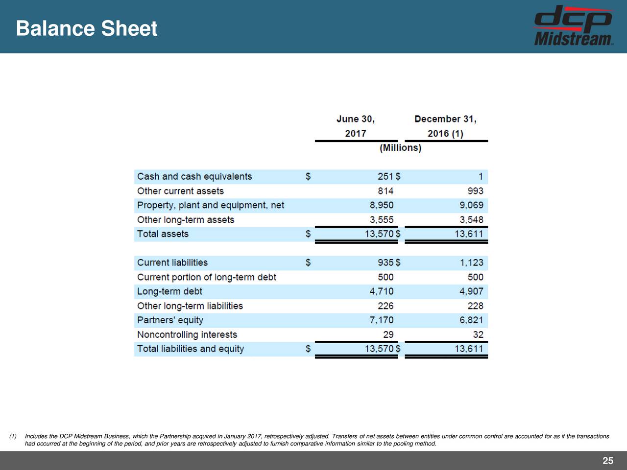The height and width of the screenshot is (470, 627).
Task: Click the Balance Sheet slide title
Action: click(x=86, y=28)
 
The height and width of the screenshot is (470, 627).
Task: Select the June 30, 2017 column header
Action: click(x=356, y=126)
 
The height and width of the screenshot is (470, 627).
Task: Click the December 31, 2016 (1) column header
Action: click(x=445, y=126)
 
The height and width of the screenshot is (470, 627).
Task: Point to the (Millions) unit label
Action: click(x=401, y=148)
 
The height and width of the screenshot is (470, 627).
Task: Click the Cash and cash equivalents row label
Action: click(x=194, y=177)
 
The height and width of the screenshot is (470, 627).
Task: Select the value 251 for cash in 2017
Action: click(x=385, y=177)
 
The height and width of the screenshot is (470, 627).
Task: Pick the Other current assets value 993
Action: click(x=475, y=191)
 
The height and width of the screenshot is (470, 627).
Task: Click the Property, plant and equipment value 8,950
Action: click(x=381, y=205)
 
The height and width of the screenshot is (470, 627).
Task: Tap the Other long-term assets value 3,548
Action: click(x=471, y=220)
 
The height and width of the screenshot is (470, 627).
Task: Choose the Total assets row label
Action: click(x=163, y=234)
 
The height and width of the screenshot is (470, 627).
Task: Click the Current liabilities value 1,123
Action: click(x=471, y=263)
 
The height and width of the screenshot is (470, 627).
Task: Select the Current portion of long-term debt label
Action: click(x=206, y=277)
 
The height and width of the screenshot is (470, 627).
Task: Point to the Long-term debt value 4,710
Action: click(x=381, y=291)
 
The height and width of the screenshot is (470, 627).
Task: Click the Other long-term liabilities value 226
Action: click(x=385, y=306)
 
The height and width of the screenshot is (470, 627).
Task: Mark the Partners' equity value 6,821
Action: click(x=471, y=320)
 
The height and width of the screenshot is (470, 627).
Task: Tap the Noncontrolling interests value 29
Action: click(x=388, y=334)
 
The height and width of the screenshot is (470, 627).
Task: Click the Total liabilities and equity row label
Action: click(x=190, y=349)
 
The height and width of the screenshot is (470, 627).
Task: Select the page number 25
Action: click(x=607, y=461)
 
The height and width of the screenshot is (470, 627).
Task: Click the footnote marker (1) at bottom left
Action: click(x=13, y=437)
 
